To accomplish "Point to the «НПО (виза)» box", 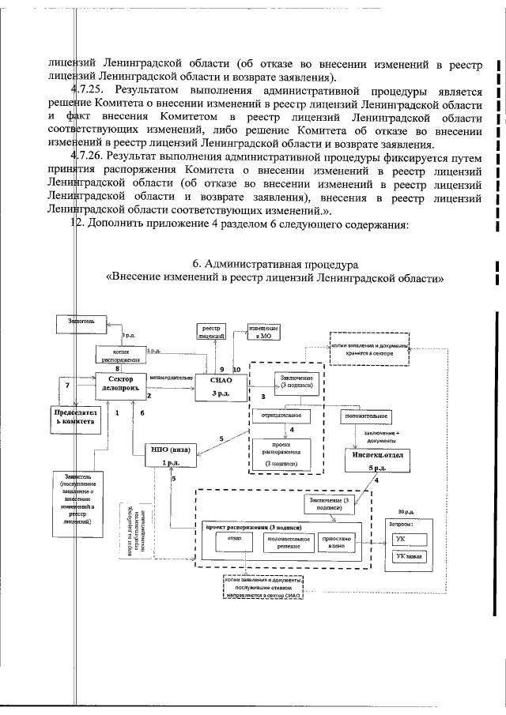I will [172, 456].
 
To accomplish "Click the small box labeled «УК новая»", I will [410, 556].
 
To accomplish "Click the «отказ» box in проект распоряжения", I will [234, 540].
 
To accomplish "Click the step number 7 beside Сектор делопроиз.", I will [68, 386].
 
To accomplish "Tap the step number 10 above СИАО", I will [237, 370].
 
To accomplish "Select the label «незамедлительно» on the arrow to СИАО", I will [172, 378].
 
